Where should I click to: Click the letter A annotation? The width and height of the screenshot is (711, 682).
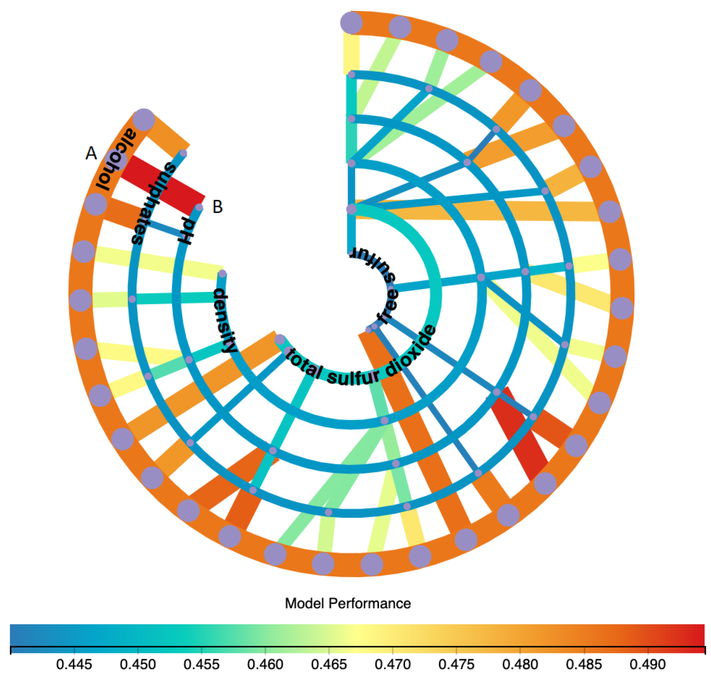click(91, 154)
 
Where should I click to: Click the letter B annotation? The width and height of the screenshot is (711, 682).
click(218, 207)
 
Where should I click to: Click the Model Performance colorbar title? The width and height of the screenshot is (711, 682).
click(348, 603)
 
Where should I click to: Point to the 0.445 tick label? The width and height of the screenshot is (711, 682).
click(74, 665)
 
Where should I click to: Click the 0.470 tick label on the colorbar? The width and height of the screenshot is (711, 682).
click(392, 665)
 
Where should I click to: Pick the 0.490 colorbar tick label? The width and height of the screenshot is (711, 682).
click(647, 665)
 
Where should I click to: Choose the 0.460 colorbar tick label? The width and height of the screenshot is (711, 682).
click(265, 665)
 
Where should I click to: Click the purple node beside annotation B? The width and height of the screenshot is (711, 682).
click(199, 207)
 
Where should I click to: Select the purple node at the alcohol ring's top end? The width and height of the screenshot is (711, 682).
click(144, 120)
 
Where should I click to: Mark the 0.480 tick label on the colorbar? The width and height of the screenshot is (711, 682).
click(520, 665)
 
